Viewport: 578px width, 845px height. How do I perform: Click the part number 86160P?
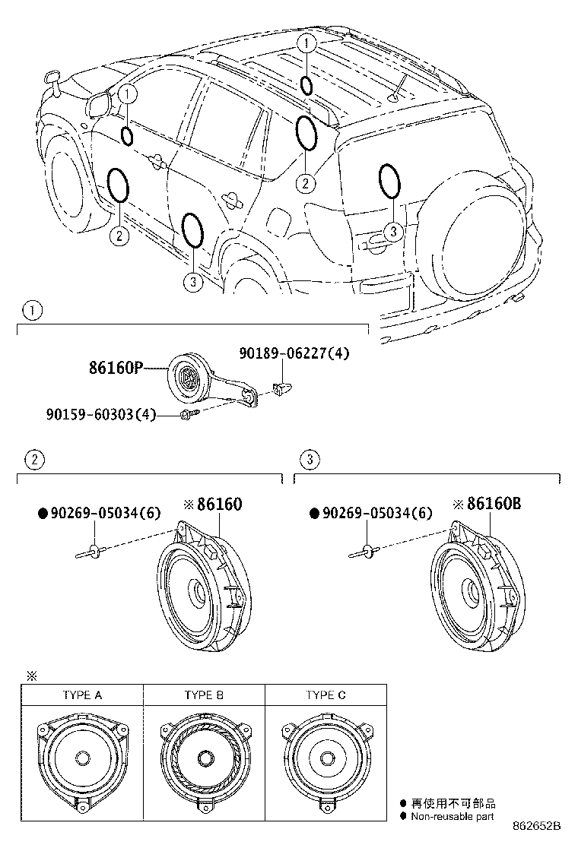point(116,368)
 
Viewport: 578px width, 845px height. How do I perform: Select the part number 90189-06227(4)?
point(294,353)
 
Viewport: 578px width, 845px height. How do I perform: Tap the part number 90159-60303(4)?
point(101,414)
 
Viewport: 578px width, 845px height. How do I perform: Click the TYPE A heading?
point(82,695)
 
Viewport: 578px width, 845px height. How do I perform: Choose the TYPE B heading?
point(204,695)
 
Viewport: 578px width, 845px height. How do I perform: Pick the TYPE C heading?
point(326,695)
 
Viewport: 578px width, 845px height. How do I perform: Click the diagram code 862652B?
point(536,825)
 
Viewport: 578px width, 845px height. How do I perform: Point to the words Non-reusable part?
point(452,816)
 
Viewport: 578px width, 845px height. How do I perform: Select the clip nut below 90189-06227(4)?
point(281,387)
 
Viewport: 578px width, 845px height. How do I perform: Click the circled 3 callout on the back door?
point(394,231)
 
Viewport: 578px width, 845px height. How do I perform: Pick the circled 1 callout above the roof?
point(306,43)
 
